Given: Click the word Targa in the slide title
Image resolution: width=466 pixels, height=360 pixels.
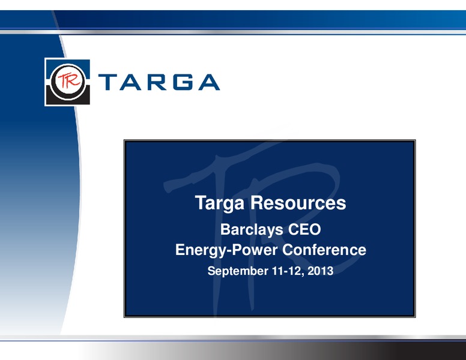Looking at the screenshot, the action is [220, 203].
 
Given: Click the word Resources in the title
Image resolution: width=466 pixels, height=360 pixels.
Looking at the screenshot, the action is [298, 203].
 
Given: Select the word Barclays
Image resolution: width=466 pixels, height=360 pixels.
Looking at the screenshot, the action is [252, 230].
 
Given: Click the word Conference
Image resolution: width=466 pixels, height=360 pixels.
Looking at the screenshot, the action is [324, 250].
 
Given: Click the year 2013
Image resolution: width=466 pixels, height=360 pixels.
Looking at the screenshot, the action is [321, 271].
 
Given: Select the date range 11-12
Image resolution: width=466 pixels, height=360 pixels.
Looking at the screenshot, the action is [287, 271].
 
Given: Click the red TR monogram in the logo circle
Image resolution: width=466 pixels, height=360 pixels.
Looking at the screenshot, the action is [68, 80].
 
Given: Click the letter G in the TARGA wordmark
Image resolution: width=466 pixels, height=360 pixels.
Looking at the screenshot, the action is [184, 82].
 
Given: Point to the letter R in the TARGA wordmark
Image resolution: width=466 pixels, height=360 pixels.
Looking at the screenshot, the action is [157, 82].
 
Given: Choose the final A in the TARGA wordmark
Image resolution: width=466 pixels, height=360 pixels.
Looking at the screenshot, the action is [209, 82].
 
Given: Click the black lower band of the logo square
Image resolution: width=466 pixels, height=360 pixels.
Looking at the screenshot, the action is [68, 99].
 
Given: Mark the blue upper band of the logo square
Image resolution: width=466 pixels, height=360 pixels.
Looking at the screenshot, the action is [68, 64].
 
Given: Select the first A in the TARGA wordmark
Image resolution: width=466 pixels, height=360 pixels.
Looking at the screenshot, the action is [131, 82].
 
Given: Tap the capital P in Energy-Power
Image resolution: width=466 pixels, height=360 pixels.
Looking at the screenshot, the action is [237, 250].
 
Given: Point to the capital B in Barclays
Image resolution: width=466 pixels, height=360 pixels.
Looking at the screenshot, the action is [225, 230].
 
